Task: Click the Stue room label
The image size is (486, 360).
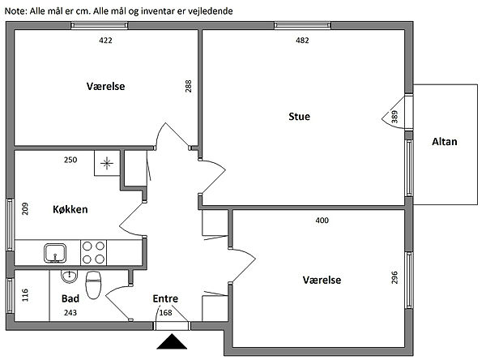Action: (x=299, y=117)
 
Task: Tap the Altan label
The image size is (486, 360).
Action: (x=445, y=142)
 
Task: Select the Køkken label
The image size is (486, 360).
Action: (x=70, y=209)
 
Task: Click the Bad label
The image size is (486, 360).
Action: (x=70, y=298)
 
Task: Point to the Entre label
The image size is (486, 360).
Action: (x=165, y=298)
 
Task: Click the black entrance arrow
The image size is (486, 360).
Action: (x=172, y=341)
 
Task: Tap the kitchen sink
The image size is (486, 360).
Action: (x=55, y=253)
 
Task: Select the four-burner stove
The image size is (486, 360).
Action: (x=93, y=252)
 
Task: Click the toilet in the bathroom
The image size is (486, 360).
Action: (x=93, y=285)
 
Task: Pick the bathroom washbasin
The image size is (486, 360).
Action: (x=69, y=276)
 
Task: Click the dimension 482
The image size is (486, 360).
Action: (x=302, y=41)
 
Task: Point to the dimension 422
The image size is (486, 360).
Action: (x=105, y=41)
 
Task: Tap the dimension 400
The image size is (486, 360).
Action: (x=322, y=221)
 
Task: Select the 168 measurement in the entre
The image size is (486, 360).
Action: (x=165, y=312)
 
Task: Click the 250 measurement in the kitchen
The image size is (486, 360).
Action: (x=70, y=160)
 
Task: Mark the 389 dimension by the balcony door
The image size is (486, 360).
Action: (x=394, y=117)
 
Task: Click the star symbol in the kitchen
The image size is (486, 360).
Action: (x=107, y=163)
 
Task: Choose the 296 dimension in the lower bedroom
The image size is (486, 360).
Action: (x=394, y=277)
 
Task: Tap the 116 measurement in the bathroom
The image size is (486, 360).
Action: (x=25, y=295)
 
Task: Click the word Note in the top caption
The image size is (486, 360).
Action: (x=16, y=11)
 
